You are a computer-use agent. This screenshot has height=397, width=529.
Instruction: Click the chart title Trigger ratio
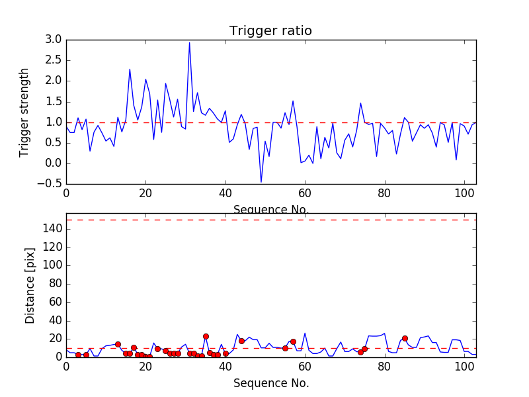270,31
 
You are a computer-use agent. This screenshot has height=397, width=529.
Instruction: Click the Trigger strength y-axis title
24,112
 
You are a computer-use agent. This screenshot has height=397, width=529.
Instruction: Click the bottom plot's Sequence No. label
270,383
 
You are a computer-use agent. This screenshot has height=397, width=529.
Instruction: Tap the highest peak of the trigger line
189,43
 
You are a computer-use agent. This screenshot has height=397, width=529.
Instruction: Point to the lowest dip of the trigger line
261,182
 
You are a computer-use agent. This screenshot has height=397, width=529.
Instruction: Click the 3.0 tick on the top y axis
54,40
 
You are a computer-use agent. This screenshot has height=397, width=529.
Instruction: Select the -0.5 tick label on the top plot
50,184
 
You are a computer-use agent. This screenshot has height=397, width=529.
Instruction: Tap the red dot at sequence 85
405,338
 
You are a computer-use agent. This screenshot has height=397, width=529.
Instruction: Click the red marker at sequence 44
241,341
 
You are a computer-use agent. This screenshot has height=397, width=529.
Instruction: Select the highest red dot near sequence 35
206,336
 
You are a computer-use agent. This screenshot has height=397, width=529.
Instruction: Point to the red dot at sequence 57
293,341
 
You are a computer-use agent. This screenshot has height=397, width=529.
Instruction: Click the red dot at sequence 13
118,344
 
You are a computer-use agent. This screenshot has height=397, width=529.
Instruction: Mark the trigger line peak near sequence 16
130,69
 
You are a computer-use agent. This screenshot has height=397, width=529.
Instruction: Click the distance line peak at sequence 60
305,333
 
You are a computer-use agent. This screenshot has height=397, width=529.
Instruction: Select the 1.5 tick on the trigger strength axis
54,101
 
